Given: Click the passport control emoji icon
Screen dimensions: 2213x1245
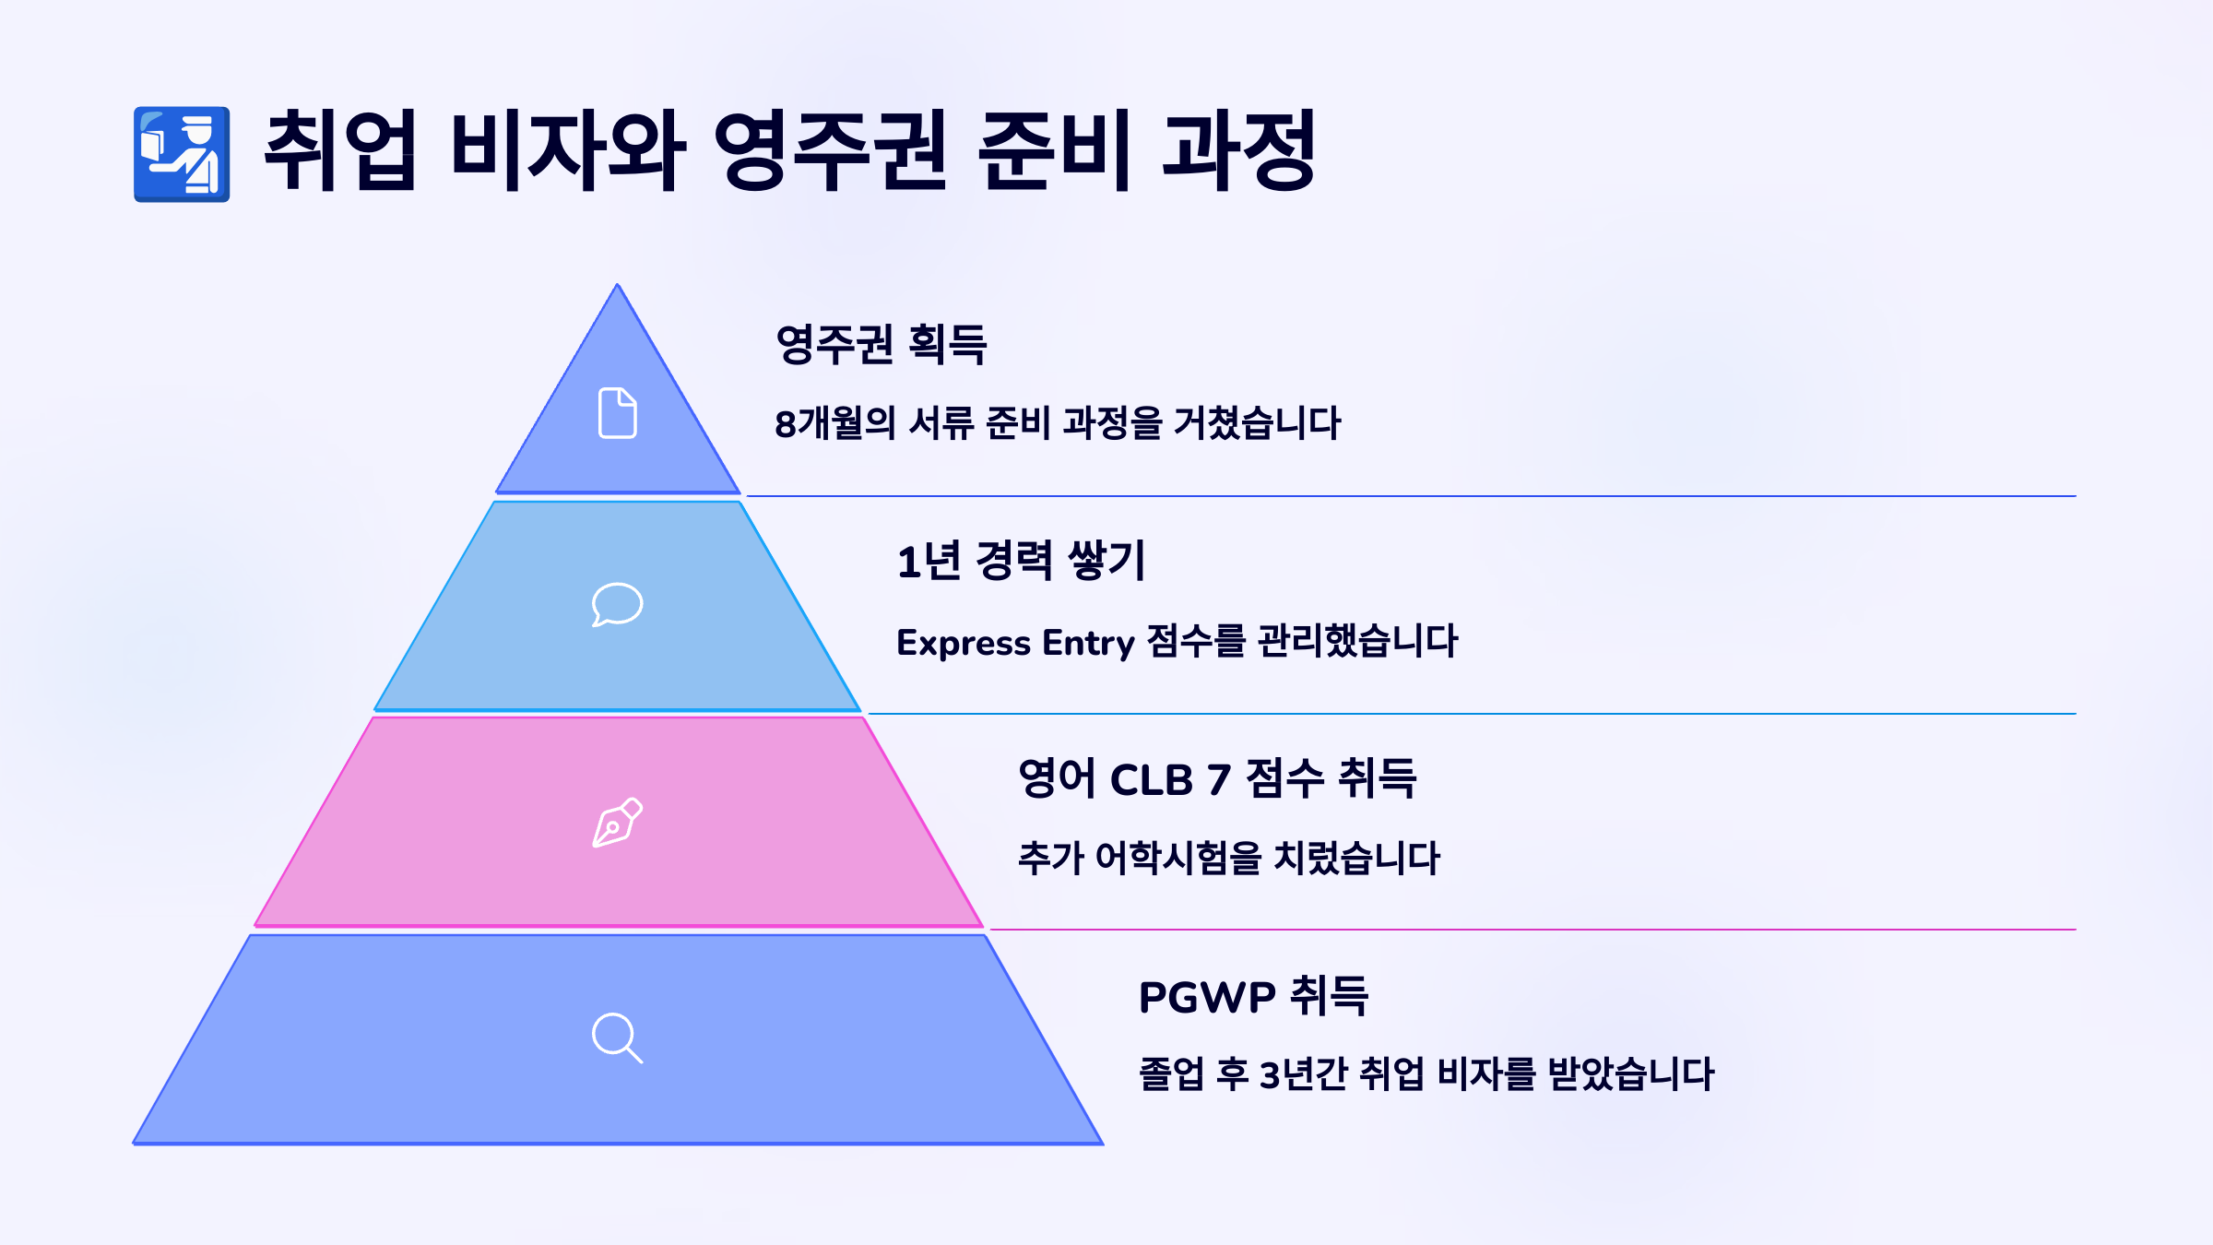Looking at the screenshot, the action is point(182,154).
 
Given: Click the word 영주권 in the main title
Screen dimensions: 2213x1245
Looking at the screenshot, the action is point(830,150).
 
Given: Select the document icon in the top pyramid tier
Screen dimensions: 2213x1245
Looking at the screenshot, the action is point(618,412).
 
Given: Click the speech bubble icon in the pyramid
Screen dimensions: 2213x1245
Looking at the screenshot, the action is point(617,605).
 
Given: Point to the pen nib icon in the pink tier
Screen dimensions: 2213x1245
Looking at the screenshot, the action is point(617,823).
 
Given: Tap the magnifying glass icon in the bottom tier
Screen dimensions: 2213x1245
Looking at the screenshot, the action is point(617,1037).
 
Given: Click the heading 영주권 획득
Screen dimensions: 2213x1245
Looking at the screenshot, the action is point(881,344).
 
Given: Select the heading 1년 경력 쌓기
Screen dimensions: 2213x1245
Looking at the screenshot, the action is point(1021,561).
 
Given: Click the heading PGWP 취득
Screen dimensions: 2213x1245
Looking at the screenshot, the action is point(1253,996).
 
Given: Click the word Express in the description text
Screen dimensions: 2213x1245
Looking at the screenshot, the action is point(963,643).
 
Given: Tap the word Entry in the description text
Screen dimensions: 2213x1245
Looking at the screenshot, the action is point(1088,643).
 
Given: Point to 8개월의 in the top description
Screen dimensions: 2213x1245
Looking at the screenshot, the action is point(834,423).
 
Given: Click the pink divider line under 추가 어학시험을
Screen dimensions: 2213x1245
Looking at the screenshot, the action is point(1531,930).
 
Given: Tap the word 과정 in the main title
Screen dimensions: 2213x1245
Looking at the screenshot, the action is point(1238,150).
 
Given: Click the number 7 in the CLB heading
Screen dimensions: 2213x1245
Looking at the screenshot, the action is point(1219,780).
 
